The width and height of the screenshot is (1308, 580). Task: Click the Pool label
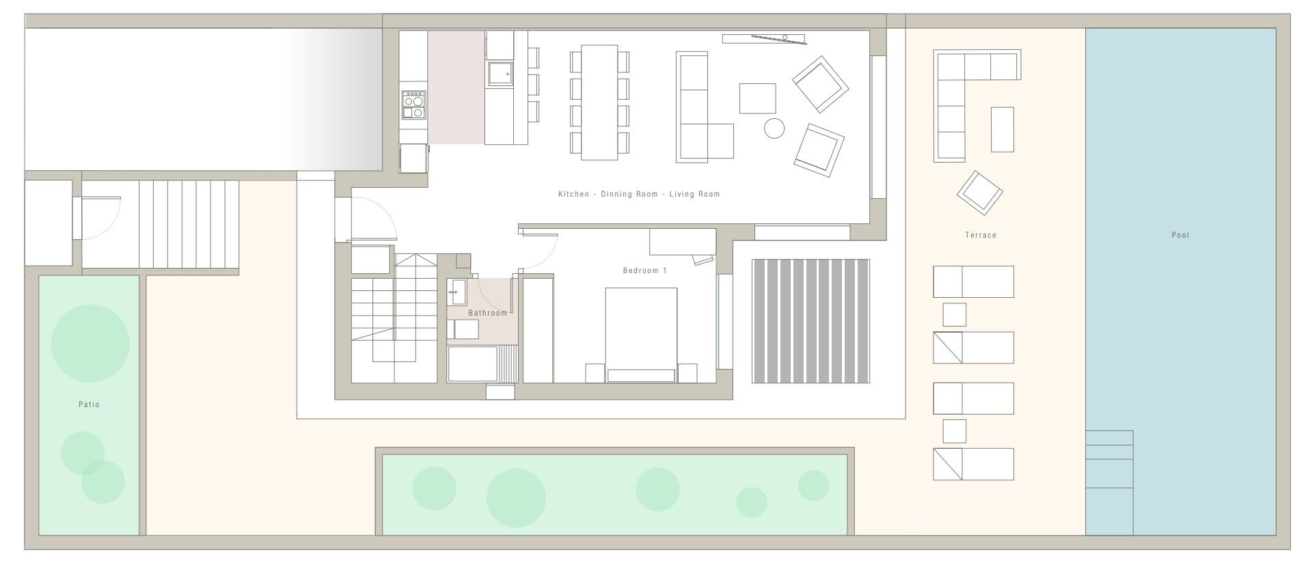tap(1180, 235)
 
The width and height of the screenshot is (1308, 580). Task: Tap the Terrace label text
tap(981, 235)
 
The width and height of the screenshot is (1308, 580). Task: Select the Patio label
tap(89, 404)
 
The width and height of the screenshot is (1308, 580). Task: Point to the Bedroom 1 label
tap(644, 271)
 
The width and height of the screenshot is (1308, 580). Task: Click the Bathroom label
tap(488, 313)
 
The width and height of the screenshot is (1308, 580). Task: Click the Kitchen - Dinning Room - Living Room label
tap(639, 194)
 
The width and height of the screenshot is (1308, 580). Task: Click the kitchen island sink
tap(500, 73)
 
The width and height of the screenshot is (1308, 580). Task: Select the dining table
tap(599, 102)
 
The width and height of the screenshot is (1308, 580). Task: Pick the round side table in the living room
tap(774, 128)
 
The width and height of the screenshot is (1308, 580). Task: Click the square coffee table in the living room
tap(757, 98)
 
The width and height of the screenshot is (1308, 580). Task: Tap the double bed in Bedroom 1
tap(641, 335)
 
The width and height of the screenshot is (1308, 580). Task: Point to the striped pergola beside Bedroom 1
tap(810, 321)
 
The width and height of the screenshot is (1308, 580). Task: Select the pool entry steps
tap(1109, 482)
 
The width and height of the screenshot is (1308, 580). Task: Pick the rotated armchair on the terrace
tap(979, 193)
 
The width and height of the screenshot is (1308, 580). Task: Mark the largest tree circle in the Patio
tap(90, 344)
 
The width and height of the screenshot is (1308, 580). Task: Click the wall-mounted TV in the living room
tap(763, 38)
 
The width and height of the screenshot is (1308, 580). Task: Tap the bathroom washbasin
tap(457, 292)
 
